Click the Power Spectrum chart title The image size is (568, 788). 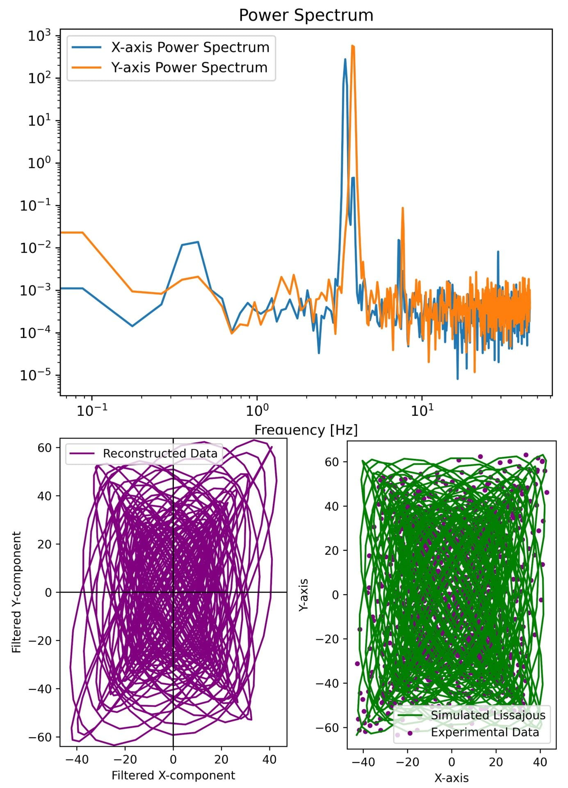(306, 16)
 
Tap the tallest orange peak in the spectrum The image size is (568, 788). (353, 46)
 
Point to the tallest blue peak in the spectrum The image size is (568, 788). (345, 60)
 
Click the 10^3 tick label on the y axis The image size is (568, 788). (39, 36)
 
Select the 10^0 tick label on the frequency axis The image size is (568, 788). (257, 411)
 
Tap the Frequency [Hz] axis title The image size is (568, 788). (306, 430)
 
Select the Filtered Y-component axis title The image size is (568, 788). (16, 592)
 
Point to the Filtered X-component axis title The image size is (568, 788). (173, 775)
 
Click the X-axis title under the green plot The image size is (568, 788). (451, 778)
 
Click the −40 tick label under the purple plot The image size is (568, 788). (76, 759)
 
